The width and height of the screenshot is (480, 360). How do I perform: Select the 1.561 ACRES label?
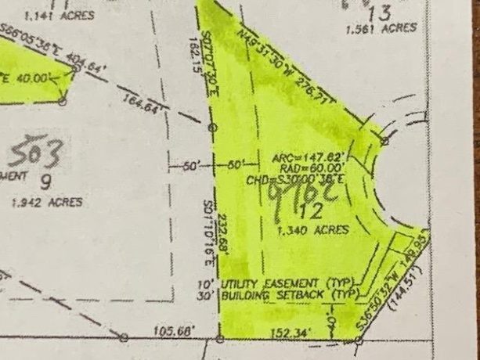[381, 27]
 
